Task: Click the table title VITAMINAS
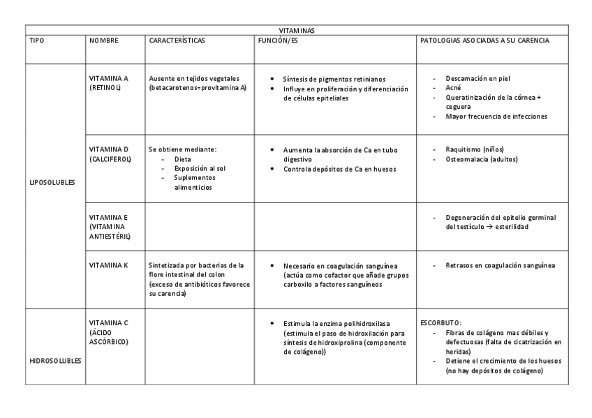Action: tap(296, 30)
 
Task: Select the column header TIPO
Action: tap(36, 40)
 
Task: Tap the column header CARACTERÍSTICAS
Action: tap(177, 40)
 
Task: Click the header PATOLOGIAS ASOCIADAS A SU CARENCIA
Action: tap(484, 40)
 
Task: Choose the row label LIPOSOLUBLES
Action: tap(52, 183)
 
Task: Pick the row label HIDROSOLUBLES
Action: tap(54, 361)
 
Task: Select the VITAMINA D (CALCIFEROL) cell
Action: tap(110, 154)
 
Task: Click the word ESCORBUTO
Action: tap(441, 324)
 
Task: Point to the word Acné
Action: tap(452, 89)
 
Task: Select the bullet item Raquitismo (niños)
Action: tap(475, 149)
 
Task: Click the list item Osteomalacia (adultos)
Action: tap(482, 159)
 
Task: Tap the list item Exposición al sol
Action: tap(200, 168)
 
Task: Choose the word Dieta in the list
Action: tap(182, 159)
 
